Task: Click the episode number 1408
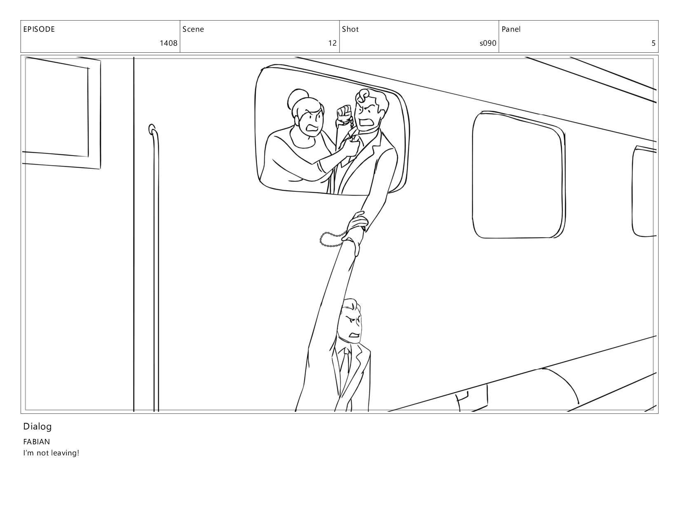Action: [169, 43]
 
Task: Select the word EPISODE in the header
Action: [39, 29]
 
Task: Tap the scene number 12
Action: [332, 43]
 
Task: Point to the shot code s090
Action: [488, 43]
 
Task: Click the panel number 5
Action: [653, 43]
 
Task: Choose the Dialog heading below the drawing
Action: [38, 427]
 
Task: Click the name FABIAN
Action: [37, 442]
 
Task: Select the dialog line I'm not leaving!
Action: [52, 453]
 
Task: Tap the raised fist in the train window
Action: [344, 114]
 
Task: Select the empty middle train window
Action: [518, 175]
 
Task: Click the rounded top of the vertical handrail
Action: [152, 129]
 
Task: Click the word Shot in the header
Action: [350, 29]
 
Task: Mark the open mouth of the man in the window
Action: [365, 122]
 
